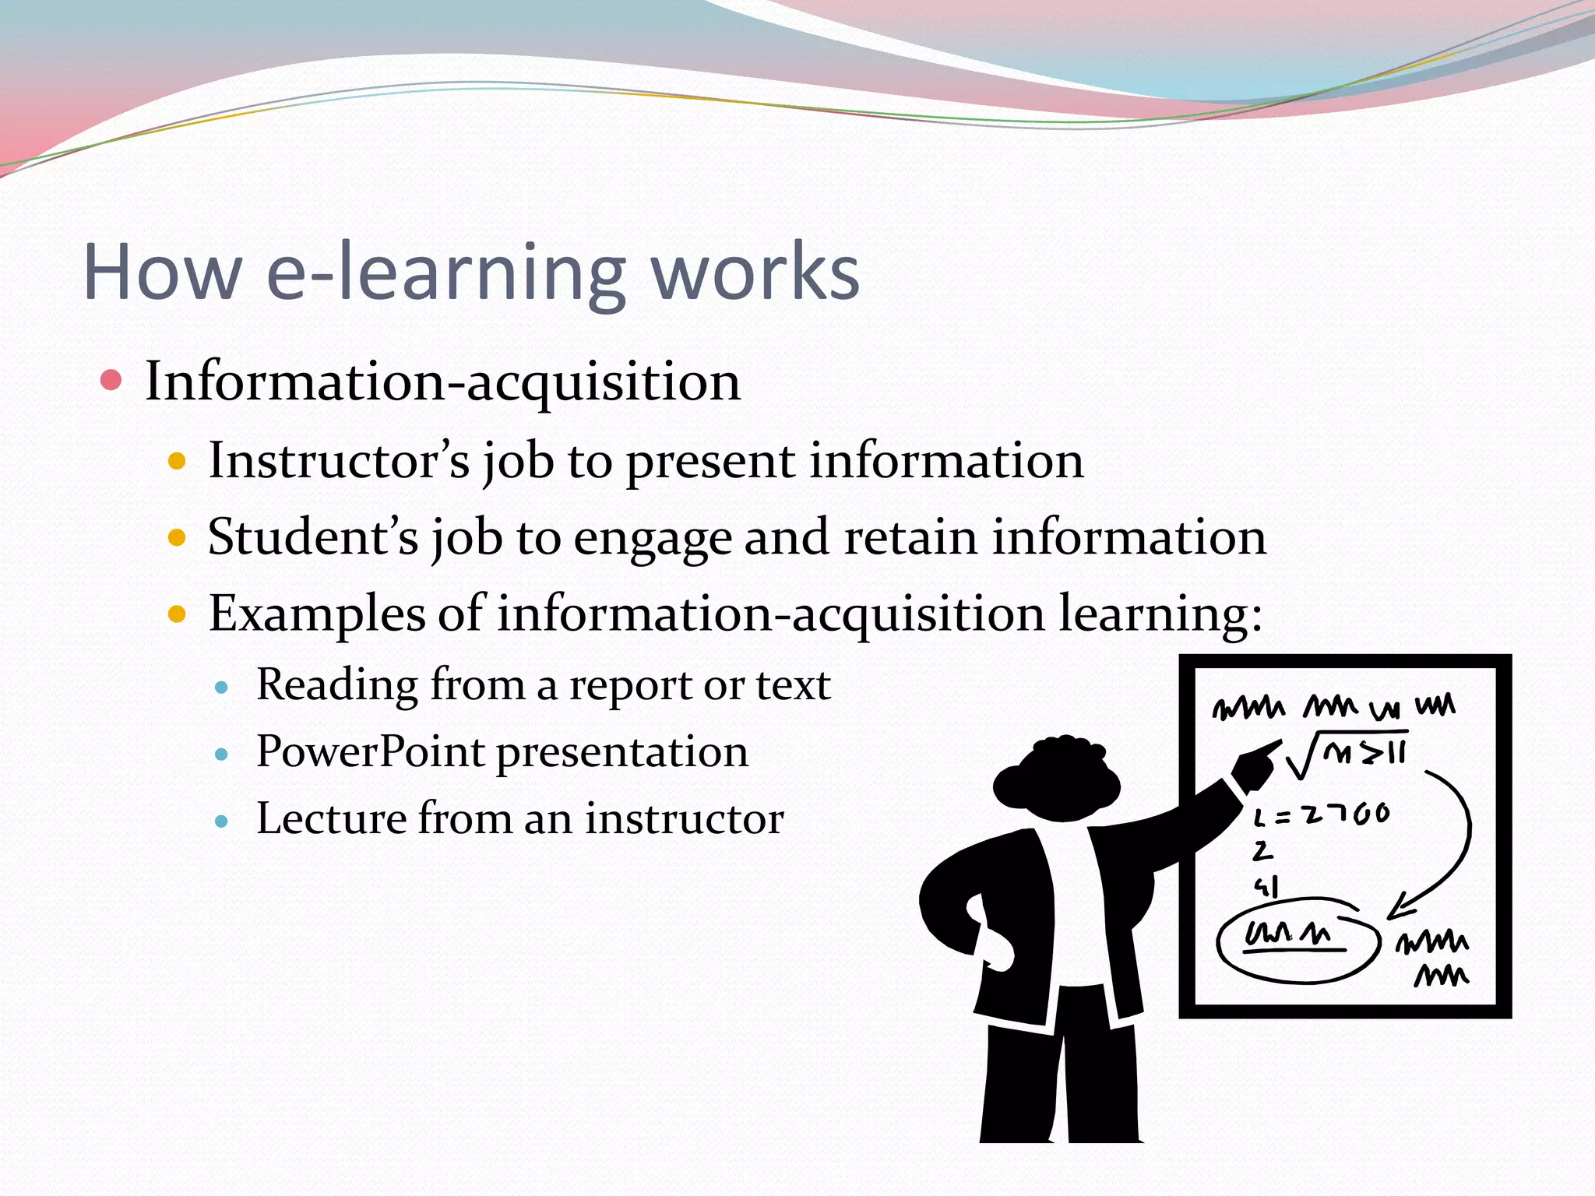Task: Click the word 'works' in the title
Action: pyautogui.click(x=755, y=273)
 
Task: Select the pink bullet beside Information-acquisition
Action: pyautogui.click(x=111, y=381)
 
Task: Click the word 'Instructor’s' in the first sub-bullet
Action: pyautogui.click(x=339, y=460)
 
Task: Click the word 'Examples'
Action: pyautogui.click(x=316, y=614)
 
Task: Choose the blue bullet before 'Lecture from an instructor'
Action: pyautogui.click(x=222, y=821)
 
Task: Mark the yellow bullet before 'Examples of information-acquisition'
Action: pyautogui.click(x=178, y=614)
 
